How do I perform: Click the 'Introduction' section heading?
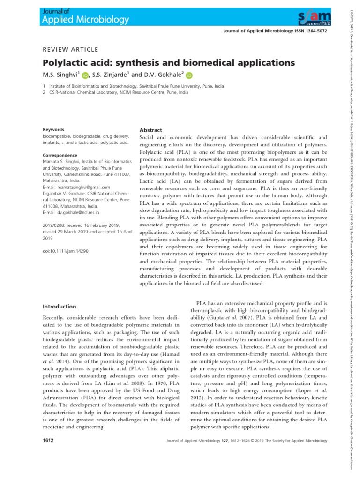click(x=59, y=307)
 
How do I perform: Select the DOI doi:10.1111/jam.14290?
click(x=66, y=251)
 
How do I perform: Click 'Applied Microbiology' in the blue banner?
click(x=86, y=20)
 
